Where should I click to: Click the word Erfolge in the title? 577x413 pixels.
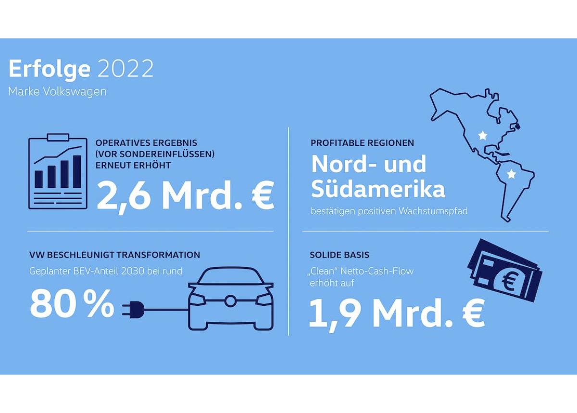[50, 70]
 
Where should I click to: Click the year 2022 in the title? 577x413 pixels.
[125, 69]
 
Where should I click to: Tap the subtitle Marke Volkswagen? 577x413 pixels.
[57, 92]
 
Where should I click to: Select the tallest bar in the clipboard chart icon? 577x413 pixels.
[77, 171]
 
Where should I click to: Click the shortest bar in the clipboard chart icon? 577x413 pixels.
[38, 179]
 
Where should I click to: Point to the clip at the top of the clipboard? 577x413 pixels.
[58, 137]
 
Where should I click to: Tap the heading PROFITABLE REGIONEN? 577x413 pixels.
[362, 143]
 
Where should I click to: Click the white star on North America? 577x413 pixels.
[482, 135]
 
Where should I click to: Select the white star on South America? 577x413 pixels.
[511, 174]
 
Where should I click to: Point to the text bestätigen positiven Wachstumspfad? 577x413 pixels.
[389, 211]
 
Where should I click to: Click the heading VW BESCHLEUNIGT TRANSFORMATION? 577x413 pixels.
[114, 255]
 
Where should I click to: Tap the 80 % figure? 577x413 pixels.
[72, 304]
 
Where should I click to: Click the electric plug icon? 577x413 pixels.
[133, 309]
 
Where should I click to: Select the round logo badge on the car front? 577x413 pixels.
[230, 301]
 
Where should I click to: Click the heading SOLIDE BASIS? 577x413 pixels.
[339, 255]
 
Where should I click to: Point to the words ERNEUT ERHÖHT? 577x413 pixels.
[133, 165]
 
